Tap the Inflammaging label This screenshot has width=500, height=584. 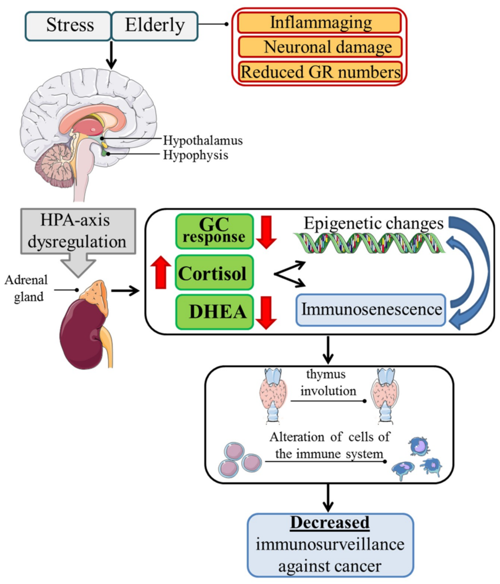[321, 23]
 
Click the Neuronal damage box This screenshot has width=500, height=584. [321, 47]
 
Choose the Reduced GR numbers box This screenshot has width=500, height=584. [321, 72]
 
